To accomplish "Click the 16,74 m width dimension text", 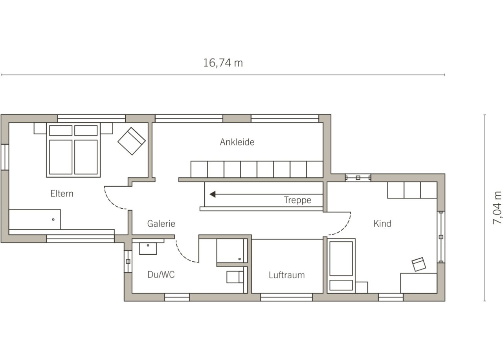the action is click(223, 63).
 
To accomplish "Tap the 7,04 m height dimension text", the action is click(497, 208).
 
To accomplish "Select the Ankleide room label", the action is click(237, 142).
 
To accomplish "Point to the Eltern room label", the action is click(62, 194).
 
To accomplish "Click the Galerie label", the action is click(161, 224).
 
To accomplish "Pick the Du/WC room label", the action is click(161, 274).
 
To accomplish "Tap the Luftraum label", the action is click(287, 275).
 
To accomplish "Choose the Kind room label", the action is click(382, 224).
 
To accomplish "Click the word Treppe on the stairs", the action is click(297, 200).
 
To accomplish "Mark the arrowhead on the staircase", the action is click(213, 194).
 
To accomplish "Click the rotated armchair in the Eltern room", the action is click(132, 141).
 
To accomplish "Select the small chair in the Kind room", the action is click(419, 264).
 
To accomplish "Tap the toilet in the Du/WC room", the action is click(235, 277).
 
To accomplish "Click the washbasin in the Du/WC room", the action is click(148, 248).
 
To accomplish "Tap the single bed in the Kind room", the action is click(341, 266).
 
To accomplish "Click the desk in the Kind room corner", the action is click(419, 283).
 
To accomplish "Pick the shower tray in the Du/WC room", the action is click(232, 251).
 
